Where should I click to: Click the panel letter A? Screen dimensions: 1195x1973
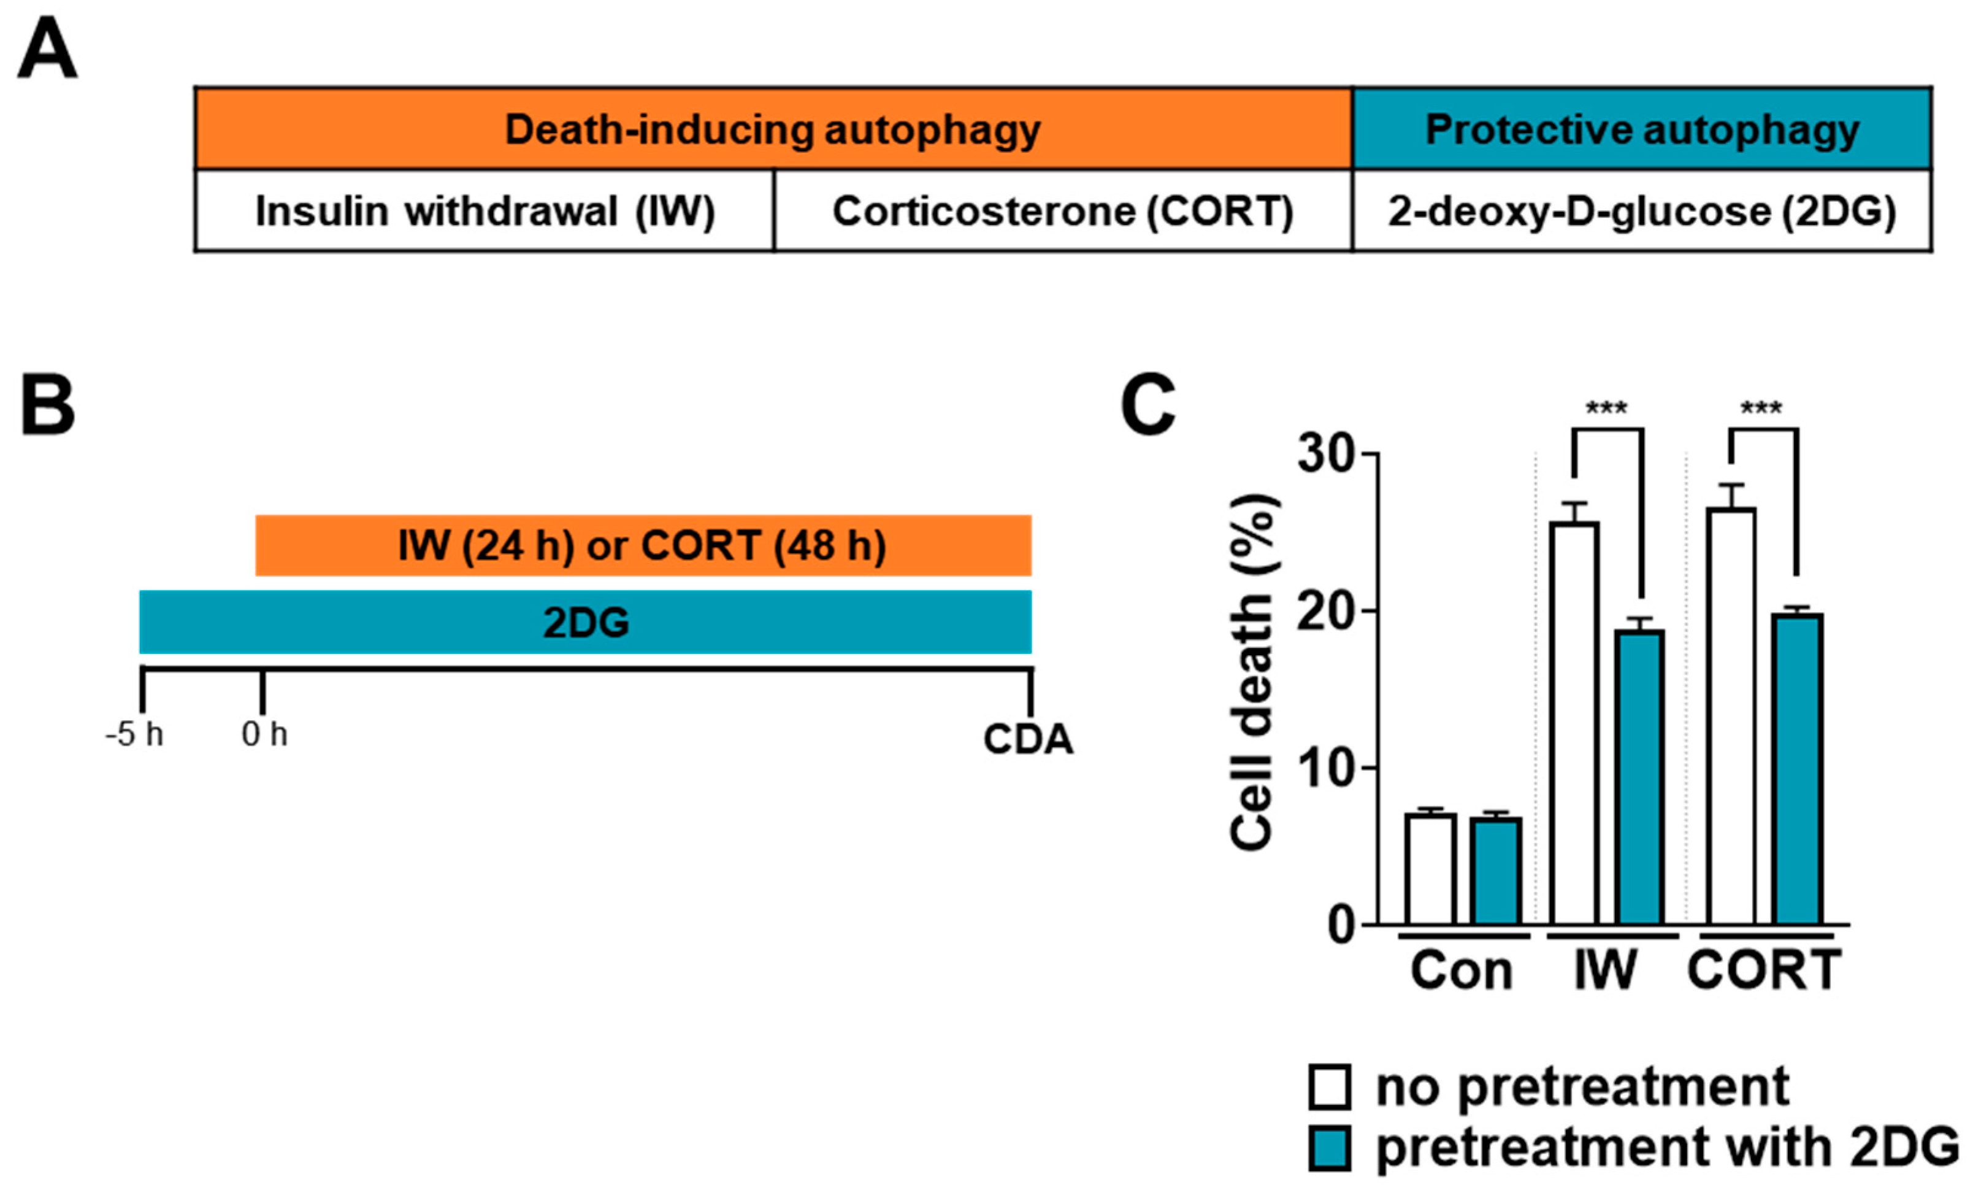(47, 50)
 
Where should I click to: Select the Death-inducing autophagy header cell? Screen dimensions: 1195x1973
(773, 129)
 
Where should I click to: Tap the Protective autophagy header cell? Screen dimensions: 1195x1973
(1641, 129)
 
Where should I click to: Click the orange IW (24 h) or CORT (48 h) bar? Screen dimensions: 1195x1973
(642, 545)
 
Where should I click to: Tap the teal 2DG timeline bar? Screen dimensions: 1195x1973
(585, 622)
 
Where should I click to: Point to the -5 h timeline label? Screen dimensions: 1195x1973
(134, 734)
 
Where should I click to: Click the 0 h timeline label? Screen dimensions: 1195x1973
(264, 734)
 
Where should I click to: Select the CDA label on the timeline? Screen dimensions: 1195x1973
(1027, 739)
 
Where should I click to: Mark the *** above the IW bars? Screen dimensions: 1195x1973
(1606, 409)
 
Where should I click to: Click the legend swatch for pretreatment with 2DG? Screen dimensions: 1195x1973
(1330, 1148)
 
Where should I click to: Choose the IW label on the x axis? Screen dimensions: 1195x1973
(1606, 970)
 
